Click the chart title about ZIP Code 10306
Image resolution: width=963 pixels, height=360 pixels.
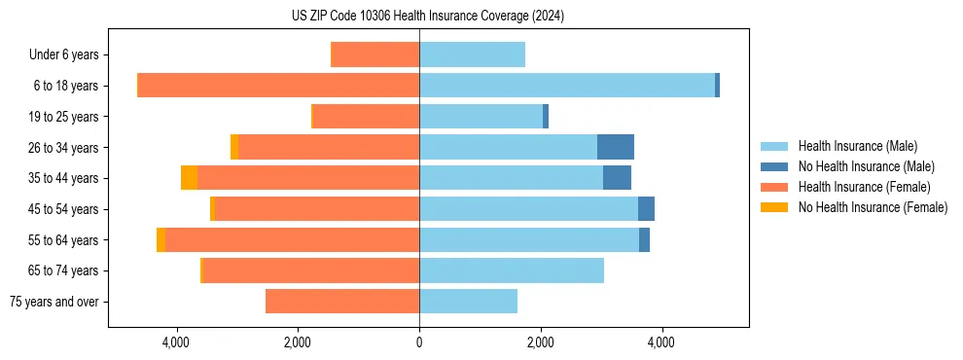[x=428, y=17]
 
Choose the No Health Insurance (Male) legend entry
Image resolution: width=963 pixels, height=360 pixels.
[x=866, y=166]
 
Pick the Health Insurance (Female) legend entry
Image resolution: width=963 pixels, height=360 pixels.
[x=864, y=187]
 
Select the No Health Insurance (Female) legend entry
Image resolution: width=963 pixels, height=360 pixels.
[x=873, y=207]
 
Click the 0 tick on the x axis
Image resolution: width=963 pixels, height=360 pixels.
[x=419, y=342]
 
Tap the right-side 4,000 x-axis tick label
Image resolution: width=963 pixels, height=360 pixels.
[x=661, y=342]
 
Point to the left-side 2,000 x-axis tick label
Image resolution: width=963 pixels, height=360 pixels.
[x=298, y=342]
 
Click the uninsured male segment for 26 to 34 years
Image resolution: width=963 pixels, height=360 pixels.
[x=616, y=147]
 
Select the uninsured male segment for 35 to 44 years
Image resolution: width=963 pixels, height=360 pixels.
[x=617, y=178]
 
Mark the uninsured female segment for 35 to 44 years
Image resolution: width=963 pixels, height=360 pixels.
[x=189, y=178]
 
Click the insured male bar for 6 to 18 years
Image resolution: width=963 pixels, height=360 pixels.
[x=567, y=86]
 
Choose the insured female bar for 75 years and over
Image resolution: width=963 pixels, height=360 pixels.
[x=342, y=302]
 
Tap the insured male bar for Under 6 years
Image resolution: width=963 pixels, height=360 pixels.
[x=472, y=54]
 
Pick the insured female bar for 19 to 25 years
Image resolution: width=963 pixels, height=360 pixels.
[x=366, y=117]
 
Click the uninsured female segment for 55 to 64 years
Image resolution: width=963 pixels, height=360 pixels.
[x=160, y=239]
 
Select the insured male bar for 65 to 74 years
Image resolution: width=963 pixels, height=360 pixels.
[x=512, y=270]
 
